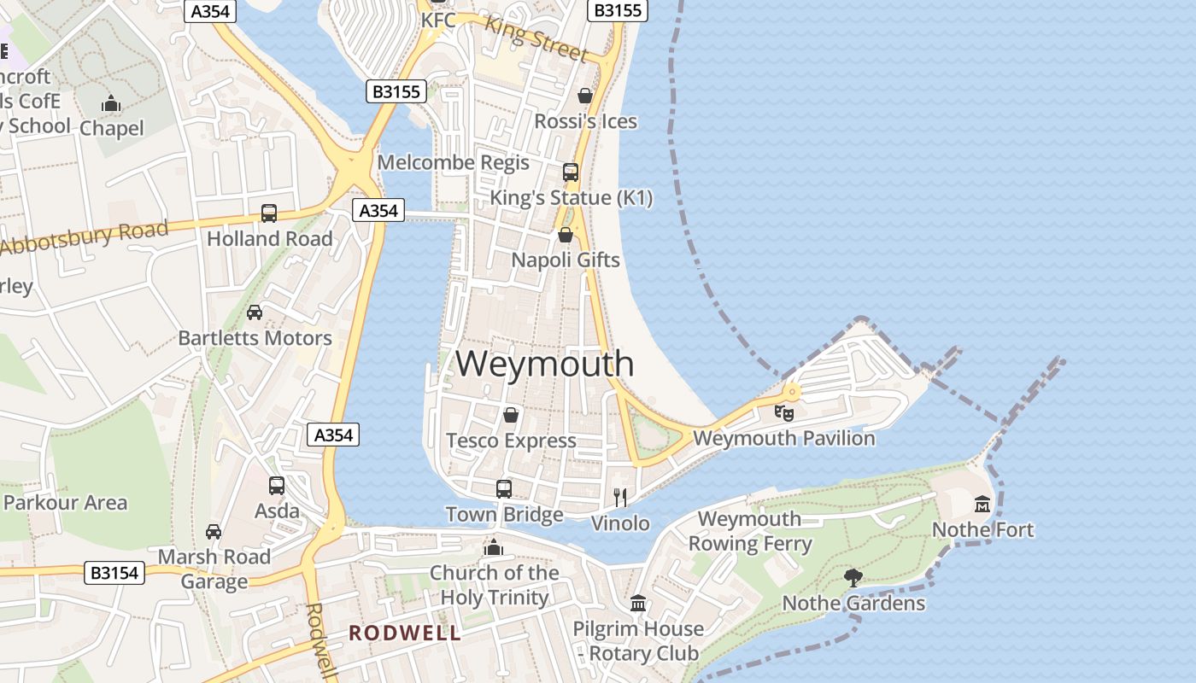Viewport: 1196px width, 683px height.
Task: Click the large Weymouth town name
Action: click(x=545, y=364)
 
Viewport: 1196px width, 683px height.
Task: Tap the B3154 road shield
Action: click(x=115, y=572)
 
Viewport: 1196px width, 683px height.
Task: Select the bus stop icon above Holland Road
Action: click(x=269, y=213)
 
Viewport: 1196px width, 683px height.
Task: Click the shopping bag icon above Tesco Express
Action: click(x=511, y=416)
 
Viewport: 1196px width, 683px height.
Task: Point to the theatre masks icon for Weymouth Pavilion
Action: click(x=784, y=413)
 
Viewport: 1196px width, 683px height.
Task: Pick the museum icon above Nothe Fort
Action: click(x=982, y=505)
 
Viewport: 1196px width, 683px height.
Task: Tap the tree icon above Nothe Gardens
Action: click(x=853, y=578)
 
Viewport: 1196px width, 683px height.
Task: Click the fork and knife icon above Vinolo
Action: click(x=621, y=497)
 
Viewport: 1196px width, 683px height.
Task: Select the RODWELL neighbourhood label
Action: click(x=405, y=633)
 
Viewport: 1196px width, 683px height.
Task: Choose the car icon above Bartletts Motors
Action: click(x=255, y=312)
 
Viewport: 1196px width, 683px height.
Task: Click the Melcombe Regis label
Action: click(x=454, y=162)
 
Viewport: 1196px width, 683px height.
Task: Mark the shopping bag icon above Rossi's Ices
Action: click(x=585, y=96)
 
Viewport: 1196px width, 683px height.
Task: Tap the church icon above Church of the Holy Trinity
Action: click(x=494, y=547)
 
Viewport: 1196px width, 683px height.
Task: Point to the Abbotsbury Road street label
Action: click(x=85, y=236)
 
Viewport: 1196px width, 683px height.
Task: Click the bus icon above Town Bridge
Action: click(x=504, y=489)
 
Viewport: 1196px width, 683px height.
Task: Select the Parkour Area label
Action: click(x=65, y=503)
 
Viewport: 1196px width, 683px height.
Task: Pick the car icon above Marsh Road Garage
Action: click(x=214, y=532)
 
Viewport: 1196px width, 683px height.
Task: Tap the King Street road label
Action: click(x=536, y=38)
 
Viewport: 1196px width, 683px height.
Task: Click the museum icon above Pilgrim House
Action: click(x=637, y=604)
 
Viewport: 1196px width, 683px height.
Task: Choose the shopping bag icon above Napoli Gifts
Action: click(x=565, y=235)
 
